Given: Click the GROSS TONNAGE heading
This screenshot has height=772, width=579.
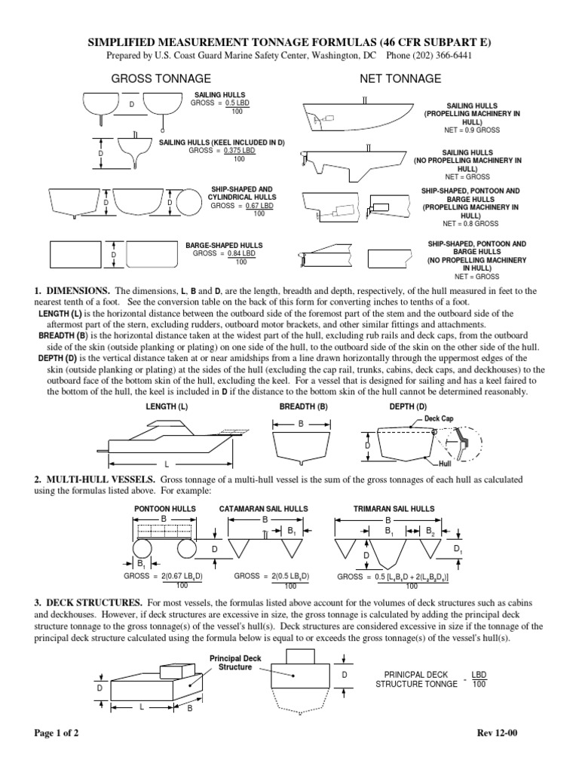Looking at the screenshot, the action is [x=161, y=78].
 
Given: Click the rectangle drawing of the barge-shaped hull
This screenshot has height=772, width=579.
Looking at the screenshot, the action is [x=76, y=256].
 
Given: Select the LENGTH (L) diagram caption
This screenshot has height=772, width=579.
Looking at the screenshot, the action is [x=167, y=406].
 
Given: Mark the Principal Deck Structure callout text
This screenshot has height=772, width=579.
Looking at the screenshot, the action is [x=236, y=663].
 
